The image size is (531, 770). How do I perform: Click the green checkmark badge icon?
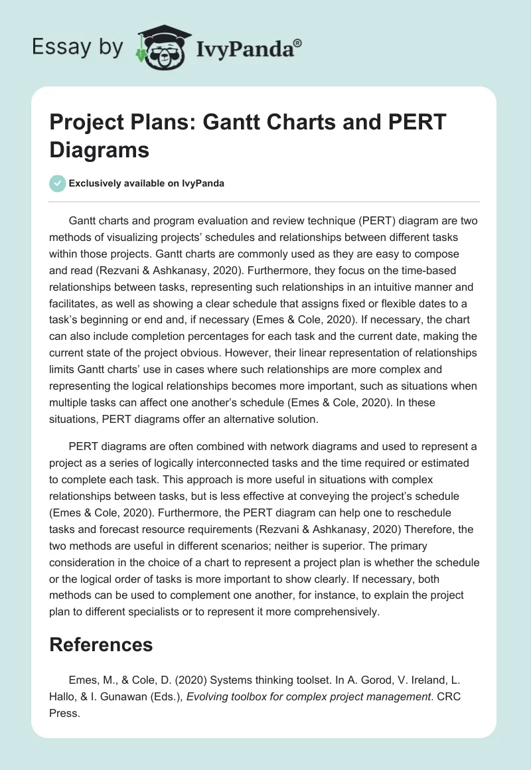point(58,183)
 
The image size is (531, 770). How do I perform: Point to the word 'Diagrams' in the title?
point(100,149)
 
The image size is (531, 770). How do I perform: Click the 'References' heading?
point(101,644)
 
